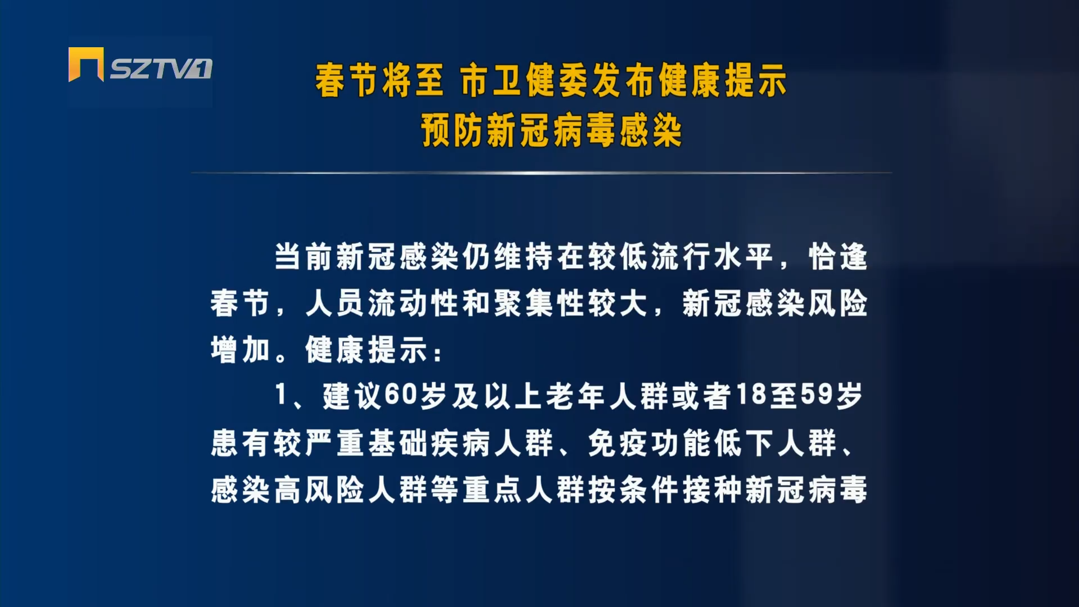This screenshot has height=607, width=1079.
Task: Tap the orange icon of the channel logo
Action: click(86, 64)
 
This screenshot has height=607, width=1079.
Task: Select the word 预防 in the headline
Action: click(452, 130)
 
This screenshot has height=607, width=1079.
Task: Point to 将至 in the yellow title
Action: click(412, 80)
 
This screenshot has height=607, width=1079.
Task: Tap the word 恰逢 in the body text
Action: click(838, 257)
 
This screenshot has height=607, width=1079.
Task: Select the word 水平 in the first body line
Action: click(743, 257)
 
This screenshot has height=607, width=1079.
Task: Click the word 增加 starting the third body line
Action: click(241, 350)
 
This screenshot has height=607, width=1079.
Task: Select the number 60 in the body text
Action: click(401, 395)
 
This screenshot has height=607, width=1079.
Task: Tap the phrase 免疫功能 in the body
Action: click(649, 443)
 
